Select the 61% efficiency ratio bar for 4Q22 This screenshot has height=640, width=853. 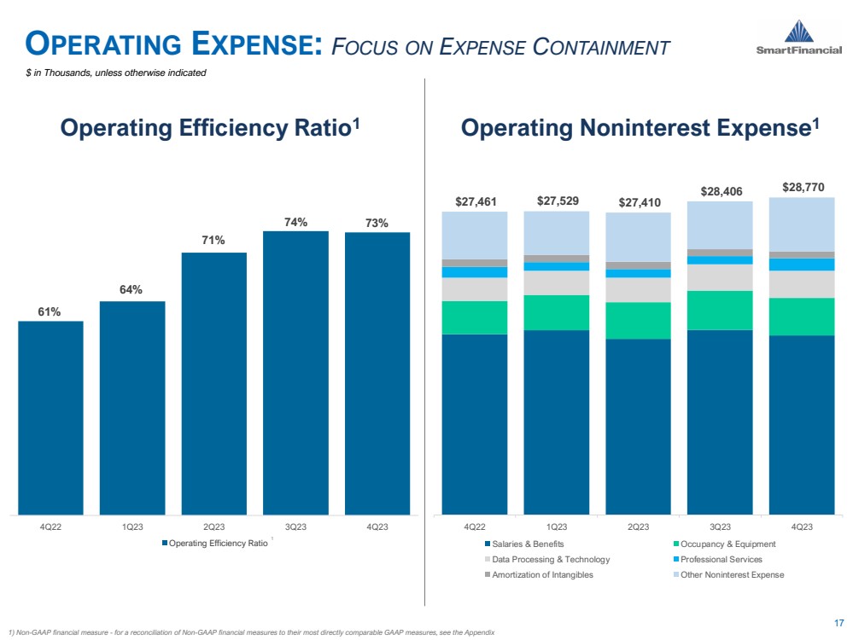[x=50, y=417]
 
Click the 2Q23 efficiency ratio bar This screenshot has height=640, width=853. [x=213, y=383]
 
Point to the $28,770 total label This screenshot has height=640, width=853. [x=803, y=187]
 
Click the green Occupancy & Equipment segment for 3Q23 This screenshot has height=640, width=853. [x=720, y=310]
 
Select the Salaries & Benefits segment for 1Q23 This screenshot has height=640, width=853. [x=557, y=422]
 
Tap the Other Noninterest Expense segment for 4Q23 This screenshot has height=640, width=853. [x=802, y=224]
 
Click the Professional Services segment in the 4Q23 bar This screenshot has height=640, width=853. [x=802, y=265]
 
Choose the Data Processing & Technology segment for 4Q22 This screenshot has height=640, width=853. [x=475, y=289]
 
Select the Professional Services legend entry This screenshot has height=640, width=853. [x=720, y=559]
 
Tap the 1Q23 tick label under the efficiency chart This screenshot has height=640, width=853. [x=131, y=527]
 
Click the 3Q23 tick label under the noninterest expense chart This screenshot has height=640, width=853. [x=720, y=527]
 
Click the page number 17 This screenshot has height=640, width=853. [x=838, y=622]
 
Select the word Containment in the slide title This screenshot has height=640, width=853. [x=599, y=47]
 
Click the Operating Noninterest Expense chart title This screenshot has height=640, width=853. [x=640, y=128]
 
